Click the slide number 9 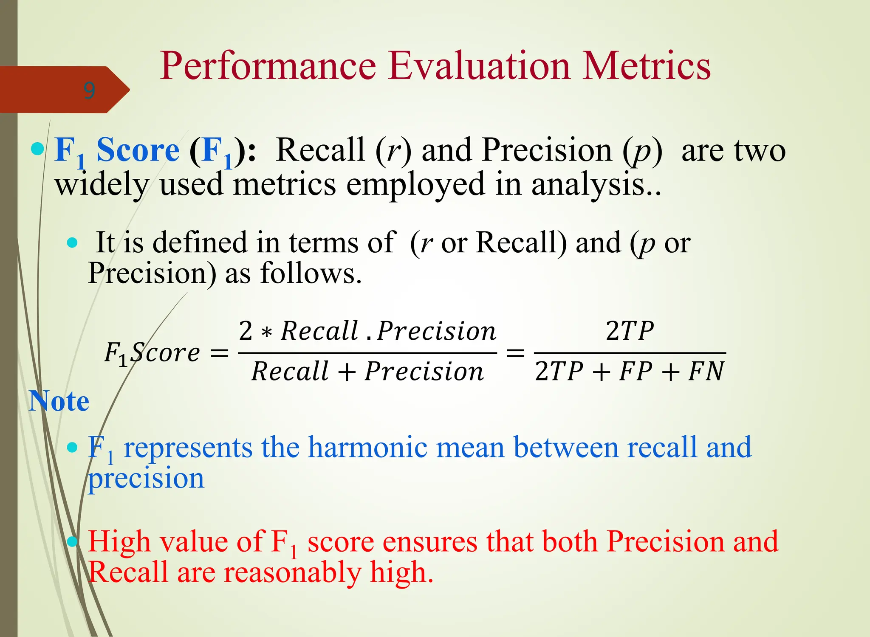(89, 90)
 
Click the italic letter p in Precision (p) (642, 152)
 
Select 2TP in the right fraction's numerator (630, 331)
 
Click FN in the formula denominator (706, 372)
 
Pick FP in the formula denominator (636, 372)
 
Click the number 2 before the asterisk (246, 331)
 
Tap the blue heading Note (59, 401)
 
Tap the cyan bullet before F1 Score (37, 149)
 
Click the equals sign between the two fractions (515, 353)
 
